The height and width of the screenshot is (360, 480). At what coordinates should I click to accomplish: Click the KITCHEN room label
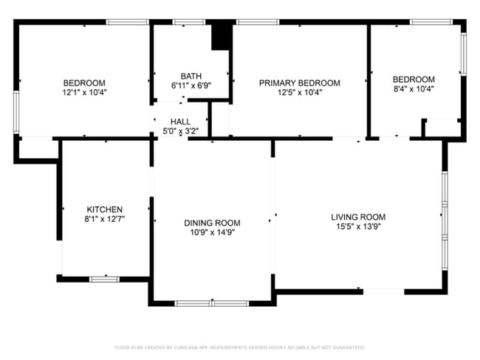[x=105, y=210]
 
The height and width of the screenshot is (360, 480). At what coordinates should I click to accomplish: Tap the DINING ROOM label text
[x=212, y=223]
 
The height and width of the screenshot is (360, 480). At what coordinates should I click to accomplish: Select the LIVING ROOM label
[x=358, y=217]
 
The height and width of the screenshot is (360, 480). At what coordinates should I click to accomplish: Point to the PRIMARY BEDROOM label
[x=299, y=83]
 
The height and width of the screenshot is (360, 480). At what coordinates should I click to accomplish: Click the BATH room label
[x=191, y=76]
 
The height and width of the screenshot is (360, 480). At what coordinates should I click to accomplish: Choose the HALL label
[x=181, y=122]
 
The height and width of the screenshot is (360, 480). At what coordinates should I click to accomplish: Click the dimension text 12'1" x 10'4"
[x=84, y=92]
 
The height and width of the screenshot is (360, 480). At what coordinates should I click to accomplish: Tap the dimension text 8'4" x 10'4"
[x=414, y=89]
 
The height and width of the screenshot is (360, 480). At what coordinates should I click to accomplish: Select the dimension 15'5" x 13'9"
[x=358, y=226]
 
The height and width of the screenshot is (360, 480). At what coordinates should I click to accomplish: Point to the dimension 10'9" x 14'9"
[x=212, y=232]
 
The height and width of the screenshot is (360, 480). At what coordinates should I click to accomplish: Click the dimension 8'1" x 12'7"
[x=105, y=219]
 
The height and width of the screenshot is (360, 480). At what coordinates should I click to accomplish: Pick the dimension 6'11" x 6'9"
[x=191, y=86]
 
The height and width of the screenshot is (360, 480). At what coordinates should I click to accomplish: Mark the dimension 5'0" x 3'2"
[x=181, y=131]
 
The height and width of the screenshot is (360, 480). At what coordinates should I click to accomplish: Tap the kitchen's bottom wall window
[x=104, y=280]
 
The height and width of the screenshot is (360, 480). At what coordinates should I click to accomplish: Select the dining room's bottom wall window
[x=212, y=303]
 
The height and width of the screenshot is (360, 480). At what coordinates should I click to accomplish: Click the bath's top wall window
[x=189, y=22]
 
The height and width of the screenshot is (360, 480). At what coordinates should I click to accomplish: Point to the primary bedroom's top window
[x=258, y=22]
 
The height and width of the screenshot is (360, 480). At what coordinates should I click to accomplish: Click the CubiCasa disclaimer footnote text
[x=240, y=347]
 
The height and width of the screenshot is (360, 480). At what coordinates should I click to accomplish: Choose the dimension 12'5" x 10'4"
[x=299, y=92]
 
